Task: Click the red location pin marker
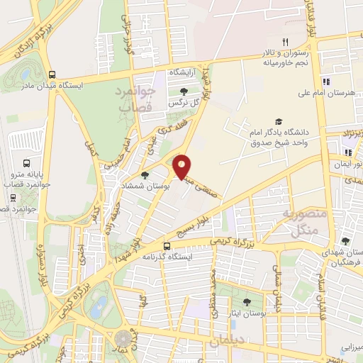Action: coord(182,166)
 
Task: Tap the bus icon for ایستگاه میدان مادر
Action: coord(52,75)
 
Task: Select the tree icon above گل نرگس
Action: coord(184,91)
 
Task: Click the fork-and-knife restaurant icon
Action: coord(285,42)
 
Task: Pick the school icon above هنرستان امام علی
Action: coord(326,81)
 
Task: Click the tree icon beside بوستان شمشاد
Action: coord(145,175)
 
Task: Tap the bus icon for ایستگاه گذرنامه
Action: coord(167,247)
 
